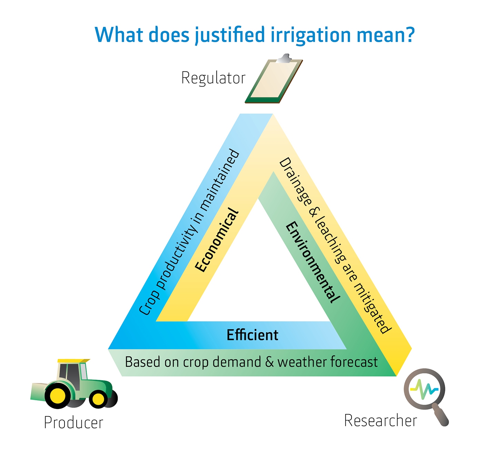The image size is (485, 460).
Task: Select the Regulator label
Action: pos(213,78)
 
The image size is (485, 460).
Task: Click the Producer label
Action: pos(73,423)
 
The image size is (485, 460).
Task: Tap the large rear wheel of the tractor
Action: pos(57,395)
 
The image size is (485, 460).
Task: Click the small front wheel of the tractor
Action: pos(98,399)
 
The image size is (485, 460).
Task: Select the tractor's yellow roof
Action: pos(73,361)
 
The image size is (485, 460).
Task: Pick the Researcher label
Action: pos(380,421)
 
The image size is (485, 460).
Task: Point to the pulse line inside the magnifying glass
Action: pos(425,389)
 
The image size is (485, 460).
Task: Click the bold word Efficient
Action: pos(252,335)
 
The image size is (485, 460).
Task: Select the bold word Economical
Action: pos(217,240)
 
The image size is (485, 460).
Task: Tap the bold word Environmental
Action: pos(313,262)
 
